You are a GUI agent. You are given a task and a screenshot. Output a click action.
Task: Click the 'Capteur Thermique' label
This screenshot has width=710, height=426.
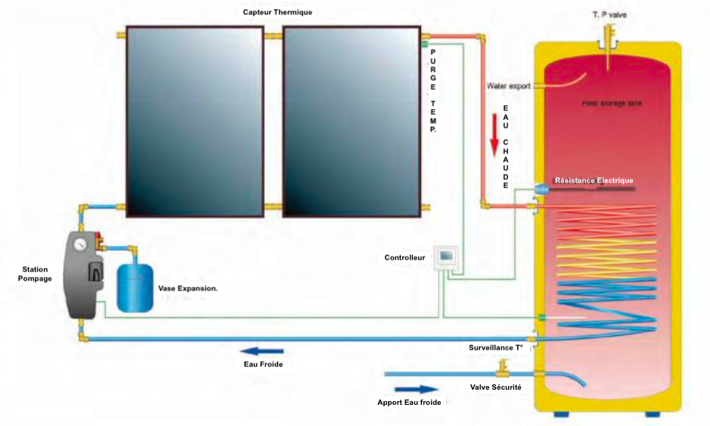[277, 12]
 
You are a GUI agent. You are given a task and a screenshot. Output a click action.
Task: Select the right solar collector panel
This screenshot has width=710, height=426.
[352, 122]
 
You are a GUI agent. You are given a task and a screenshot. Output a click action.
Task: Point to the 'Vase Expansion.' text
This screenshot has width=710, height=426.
[188, 288]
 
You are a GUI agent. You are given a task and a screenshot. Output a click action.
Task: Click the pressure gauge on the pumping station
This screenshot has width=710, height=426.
[78, 244]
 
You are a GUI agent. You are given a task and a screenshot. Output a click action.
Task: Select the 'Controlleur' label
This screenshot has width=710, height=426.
[405, 258]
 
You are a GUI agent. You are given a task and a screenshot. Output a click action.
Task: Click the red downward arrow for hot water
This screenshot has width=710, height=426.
[497, 132]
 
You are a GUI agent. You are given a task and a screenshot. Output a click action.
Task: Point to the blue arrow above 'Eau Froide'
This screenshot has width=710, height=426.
[262, 350]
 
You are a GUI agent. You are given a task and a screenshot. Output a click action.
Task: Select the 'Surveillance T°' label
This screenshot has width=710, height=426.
[496, 347]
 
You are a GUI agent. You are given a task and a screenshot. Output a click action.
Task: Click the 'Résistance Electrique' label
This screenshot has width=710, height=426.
[594, 180]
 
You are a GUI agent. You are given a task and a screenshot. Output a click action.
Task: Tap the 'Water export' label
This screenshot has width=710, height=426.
[509, 86]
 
